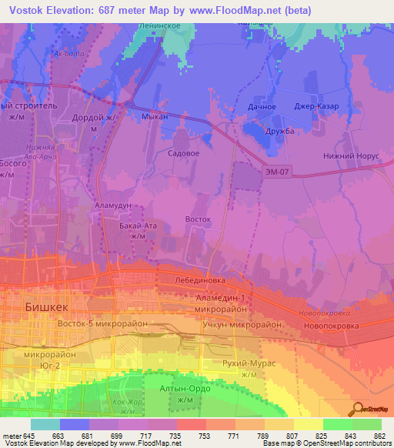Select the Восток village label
[x=198, y=219]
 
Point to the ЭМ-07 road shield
[x=275, y=170]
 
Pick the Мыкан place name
[x=155, y=118]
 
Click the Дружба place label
[x=279, y=130]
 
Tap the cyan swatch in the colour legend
[x=45, y=424]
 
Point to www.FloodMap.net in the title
[x=221, y=8]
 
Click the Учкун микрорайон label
[x=241, y=324]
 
